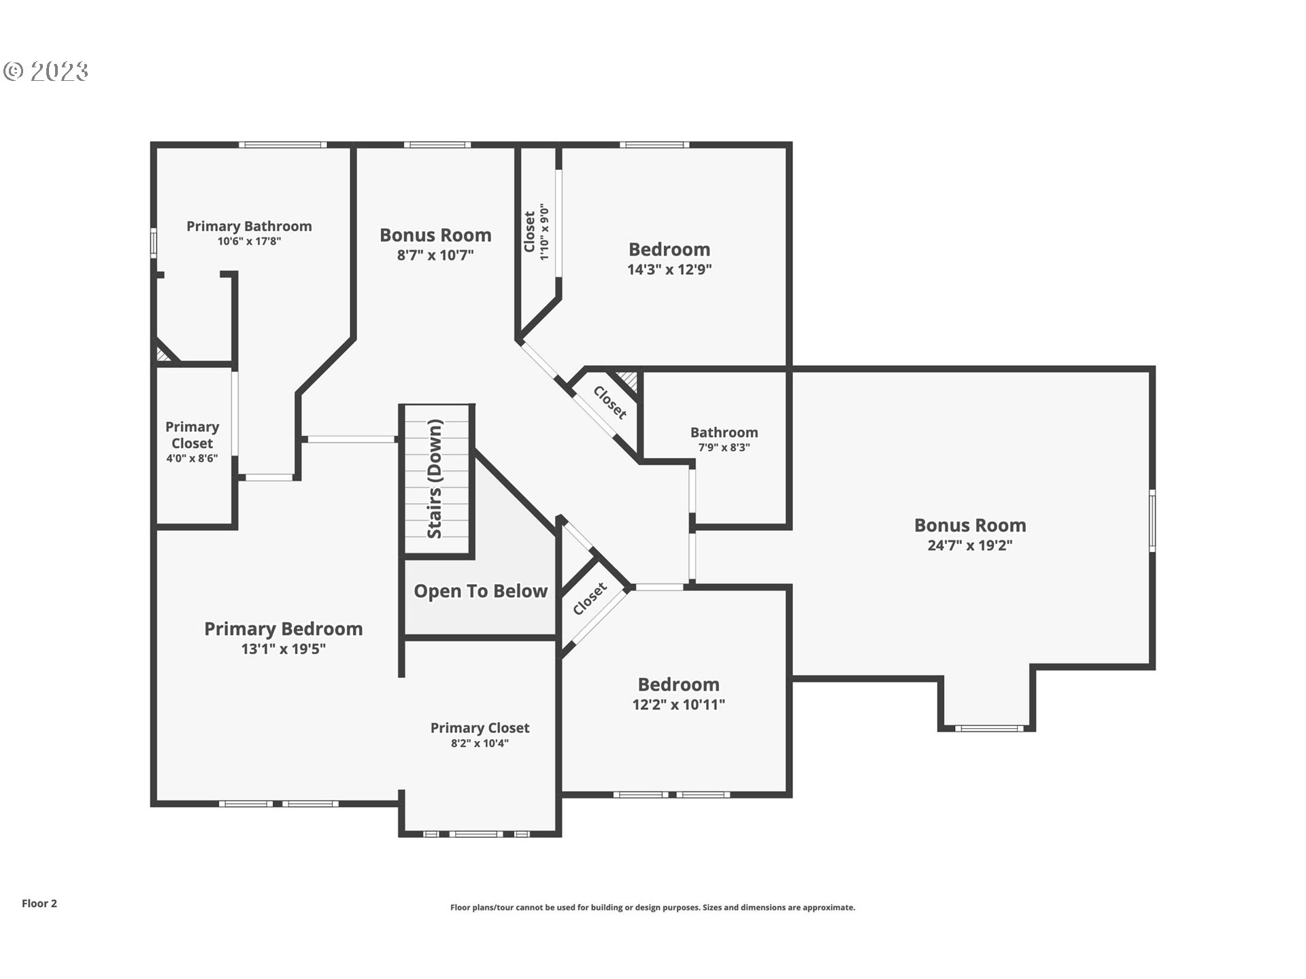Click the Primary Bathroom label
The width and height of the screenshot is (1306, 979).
tap(249, 226)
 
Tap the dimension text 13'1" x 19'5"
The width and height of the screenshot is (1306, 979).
tap(283, 649)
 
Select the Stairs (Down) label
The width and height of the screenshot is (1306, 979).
tap(435, 479)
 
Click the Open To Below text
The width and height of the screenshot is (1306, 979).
tap(480, 591)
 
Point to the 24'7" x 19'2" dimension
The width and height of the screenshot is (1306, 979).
tap(969, 545)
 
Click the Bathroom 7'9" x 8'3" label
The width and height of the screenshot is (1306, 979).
tap(724, 433)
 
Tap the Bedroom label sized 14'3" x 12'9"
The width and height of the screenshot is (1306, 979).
tap(669, 250)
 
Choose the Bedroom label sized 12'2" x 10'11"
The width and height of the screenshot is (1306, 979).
tap(678, 685)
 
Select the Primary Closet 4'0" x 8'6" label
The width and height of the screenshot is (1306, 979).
tap(192, 435)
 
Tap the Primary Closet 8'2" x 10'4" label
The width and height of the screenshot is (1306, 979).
tap(480, 728)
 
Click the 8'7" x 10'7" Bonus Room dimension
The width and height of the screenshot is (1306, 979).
tap(435, 256)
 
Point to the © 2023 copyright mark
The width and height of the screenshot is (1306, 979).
tap(46, 71)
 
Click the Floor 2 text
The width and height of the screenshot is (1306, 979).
tap(39, 904)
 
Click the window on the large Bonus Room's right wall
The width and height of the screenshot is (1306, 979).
tap(1152, 520)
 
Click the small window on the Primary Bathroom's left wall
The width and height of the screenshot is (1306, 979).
tap(154, 243)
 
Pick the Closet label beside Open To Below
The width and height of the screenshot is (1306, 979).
tap(589, 599)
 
